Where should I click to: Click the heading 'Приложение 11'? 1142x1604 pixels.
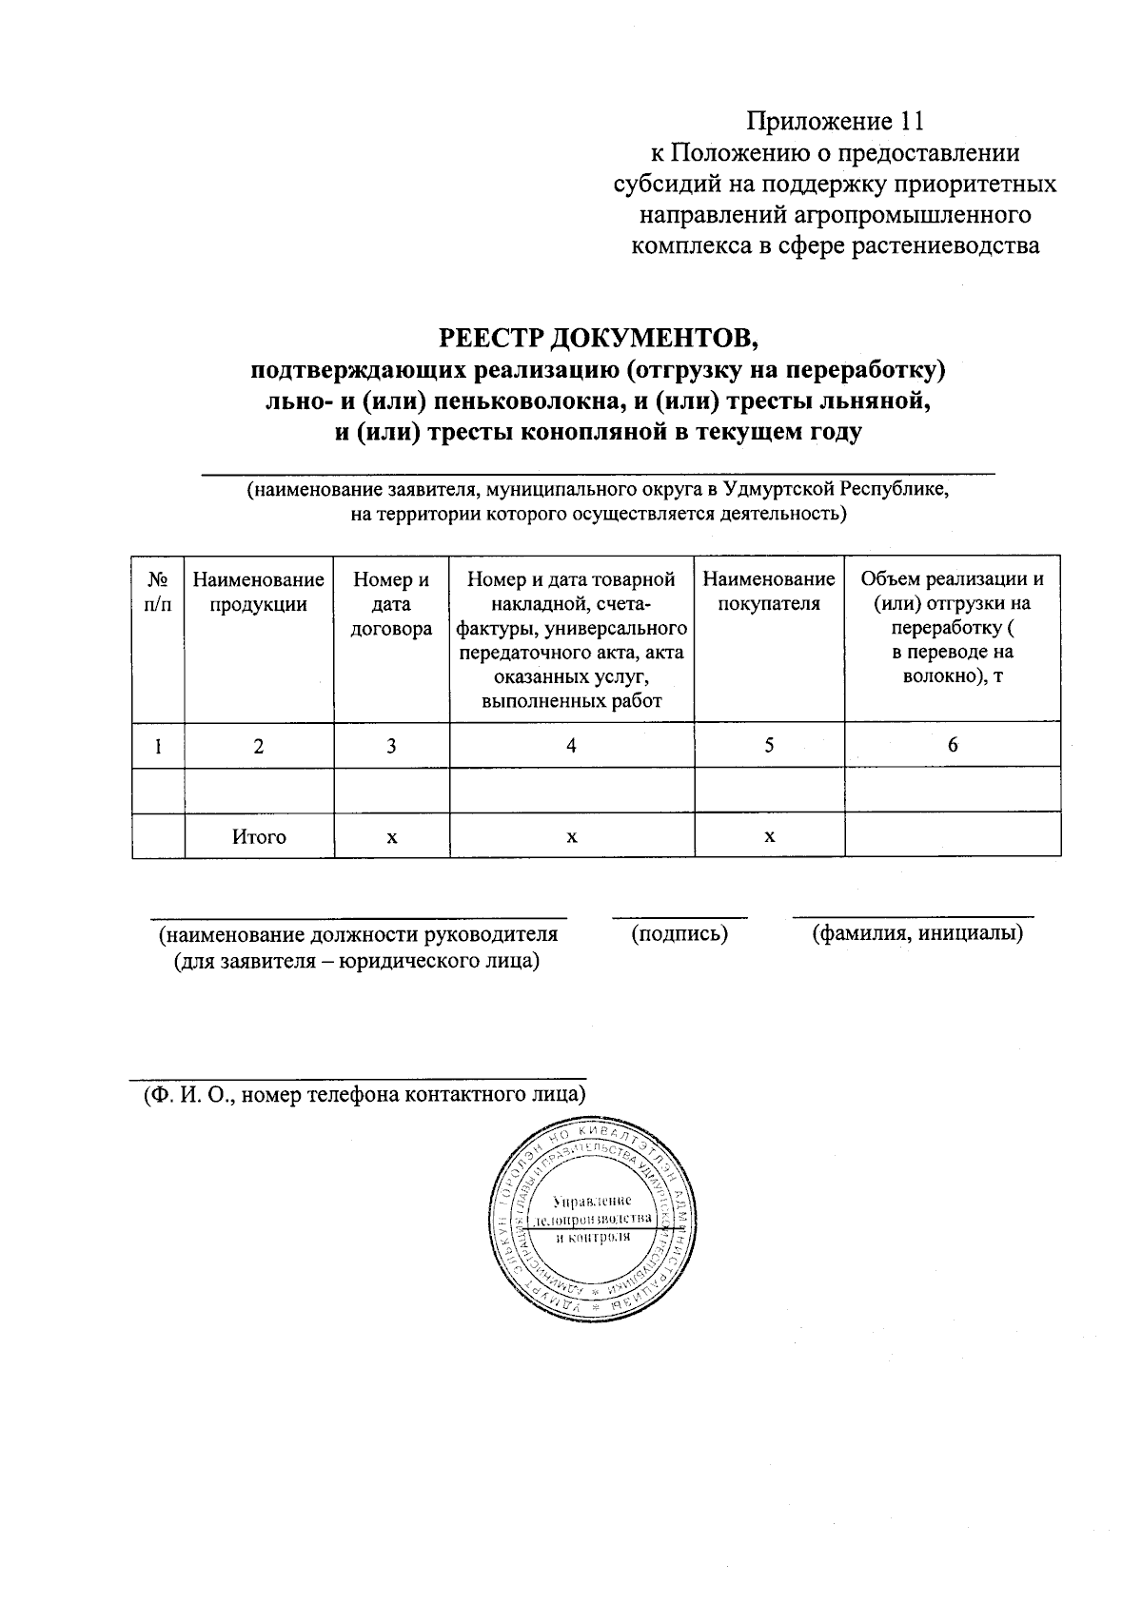pyautogui.click(x=835, y=122)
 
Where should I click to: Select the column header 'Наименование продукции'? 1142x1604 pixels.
pyautogui.click(x=258, y=592)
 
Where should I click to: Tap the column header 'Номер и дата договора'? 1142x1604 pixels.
pyautogui.click(x=391, y=604)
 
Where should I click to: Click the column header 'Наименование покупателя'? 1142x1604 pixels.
pyautogui.click(x=769, y=592)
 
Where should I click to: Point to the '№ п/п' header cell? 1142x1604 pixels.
pyautogui.click(x=158, y=592)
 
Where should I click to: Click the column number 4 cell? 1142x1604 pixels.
pyautogui.click(x=571, y=746)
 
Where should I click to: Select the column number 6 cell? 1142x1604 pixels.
pyautogui.click(x=953, y=745)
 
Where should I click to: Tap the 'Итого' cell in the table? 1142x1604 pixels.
pyautogui.click(x=259, y=837)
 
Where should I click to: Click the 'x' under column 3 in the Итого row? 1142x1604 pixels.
pyautogui.click(x=391, y=837)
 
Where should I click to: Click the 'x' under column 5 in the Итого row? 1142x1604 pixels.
pyautogui.click(x=769, y=837)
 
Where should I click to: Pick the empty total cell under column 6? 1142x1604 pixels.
pyautogui.click(x=953, y=836)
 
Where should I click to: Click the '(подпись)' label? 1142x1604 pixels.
pyautogui.click(x=679, y=934)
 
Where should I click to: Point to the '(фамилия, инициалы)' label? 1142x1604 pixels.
pyautogui.click(x=917, y=934)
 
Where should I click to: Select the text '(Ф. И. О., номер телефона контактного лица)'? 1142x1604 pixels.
pyautogui.click(x=364, y=1094)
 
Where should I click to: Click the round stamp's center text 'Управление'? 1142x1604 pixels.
pyautogui.click(x=591, y=1201)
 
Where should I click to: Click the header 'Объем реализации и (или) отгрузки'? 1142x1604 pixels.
pyautogui.click(x=953, y=592)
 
